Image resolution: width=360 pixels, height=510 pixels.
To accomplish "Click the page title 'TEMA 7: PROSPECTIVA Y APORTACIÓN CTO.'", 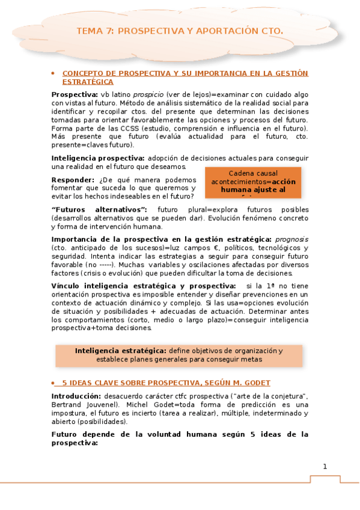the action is click(x=180, y=31).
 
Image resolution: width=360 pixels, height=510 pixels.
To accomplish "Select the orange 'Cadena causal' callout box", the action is click(x=252, y=182).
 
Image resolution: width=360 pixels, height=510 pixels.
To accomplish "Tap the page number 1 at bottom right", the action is click(x=325, y=466).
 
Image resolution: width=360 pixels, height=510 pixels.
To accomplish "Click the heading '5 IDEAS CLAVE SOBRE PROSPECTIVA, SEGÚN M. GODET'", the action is click(x=166, y=382).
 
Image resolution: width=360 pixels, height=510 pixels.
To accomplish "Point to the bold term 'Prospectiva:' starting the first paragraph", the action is click(x=74, y=94).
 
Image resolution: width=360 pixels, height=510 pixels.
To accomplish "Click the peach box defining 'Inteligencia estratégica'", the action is click(x=179, y=355).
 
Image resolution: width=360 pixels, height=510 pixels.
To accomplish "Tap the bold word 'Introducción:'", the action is click(x=75, y=396).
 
